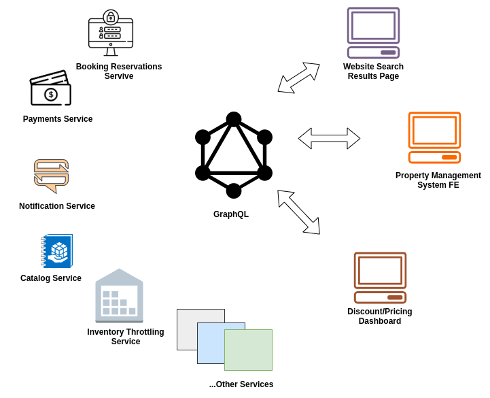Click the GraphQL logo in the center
click(x=234, y=155)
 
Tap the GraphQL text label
click(x=231, y=214)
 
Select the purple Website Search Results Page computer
click(x=373, y=33)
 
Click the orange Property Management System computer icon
click(x=434, y=138)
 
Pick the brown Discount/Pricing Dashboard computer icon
click(x=380, y=278)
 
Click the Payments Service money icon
click(x=50, y=89)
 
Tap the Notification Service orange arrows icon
click(x=52, y=176)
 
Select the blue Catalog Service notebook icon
click(x=57, y=251)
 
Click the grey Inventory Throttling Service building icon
click(x=119, y=296)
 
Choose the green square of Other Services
click(x=249, y=350)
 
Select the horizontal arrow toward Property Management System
click(x=329, y=138)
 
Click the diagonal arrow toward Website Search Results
click(x=299, y=78)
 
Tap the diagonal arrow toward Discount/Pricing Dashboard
click(x=298, y=212)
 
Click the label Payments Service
click(x=58, y=119)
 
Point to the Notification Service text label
click(x=57, y=206)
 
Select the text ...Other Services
click(x=241, y=384)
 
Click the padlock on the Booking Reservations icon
click(x=111, y=17)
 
